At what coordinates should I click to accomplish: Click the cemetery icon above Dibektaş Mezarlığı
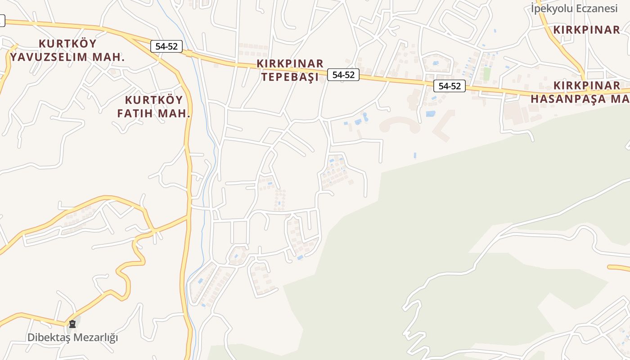72,324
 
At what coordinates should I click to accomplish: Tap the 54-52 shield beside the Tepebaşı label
343,75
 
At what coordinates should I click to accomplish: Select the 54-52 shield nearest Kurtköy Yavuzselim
166,46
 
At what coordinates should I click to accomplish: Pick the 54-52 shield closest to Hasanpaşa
450,86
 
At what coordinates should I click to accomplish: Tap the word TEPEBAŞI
290,77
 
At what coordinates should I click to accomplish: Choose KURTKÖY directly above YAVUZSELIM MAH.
68,44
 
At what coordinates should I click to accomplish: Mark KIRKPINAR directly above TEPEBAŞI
290,63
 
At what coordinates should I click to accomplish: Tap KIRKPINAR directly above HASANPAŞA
587,85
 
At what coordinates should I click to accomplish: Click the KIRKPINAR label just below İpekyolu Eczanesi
587,30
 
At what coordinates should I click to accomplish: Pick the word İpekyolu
550,8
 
